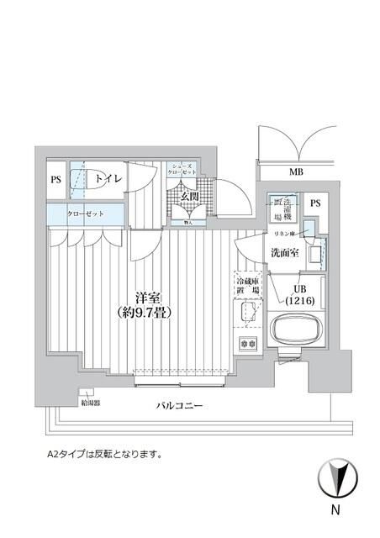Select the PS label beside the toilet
[55, 179]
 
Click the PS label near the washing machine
[314, 203]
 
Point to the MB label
[296, 173]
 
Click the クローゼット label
[86, 214]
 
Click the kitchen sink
[246, 315]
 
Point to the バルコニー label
[180, 406]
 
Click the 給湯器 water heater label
[89, 403]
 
